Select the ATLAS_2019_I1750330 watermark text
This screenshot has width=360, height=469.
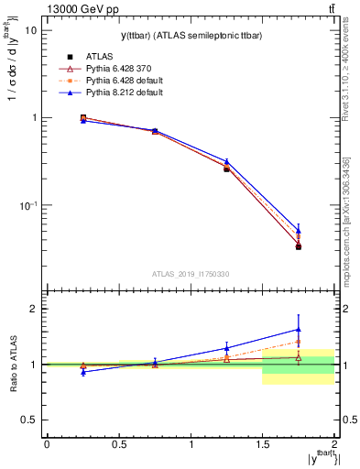[191, 274]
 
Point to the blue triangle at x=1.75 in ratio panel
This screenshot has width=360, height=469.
[299, 329]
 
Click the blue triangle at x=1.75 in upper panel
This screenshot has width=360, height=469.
[299, 231]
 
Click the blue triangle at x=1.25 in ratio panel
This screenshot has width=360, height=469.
[226, 348]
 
